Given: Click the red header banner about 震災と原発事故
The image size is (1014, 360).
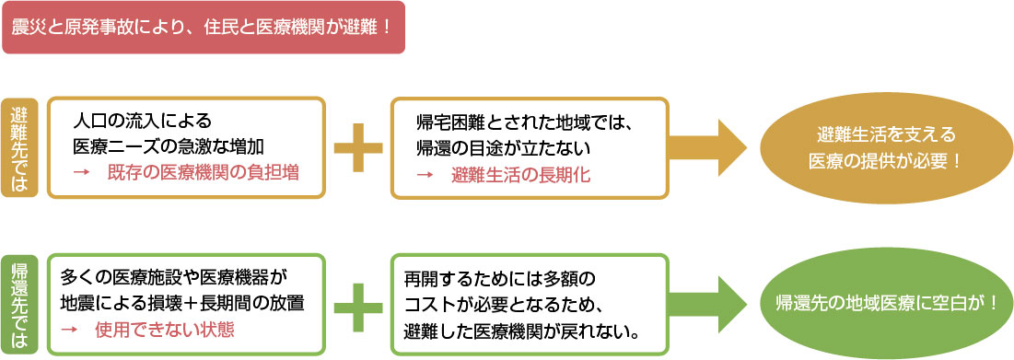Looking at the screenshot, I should click(x=203, y=27).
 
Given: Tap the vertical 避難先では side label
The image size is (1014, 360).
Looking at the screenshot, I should click(x=19, y=147).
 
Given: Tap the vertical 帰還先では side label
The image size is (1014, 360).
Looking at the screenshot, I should click(x=19, y=305).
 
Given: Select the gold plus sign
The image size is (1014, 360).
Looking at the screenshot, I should click(x=357, y=147).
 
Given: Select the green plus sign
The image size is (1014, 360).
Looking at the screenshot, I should click(x=357, y=304).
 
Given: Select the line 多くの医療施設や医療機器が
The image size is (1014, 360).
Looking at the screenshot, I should click(x=175, y=277).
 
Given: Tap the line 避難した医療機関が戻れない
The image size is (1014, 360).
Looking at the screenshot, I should click(x=522, y=329).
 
